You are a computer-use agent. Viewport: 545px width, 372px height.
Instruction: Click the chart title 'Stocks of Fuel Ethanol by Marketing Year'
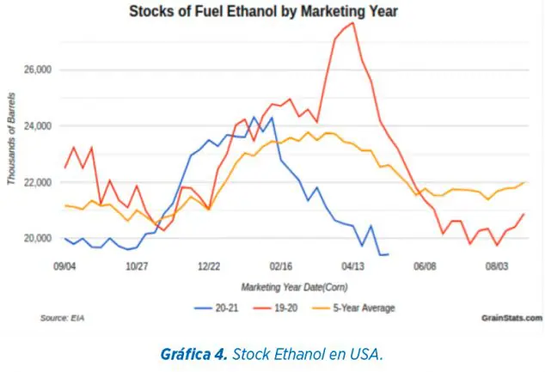272,12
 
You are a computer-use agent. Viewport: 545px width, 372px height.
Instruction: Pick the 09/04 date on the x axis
64,267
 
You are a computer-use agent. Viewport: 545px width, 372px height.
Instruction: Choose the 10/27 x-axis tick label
137,267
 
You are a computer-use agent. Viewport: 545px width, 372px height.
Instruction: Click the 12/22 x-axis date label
210,267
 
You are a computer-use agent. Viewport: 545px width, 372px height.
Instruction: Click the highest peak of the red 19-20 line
353,22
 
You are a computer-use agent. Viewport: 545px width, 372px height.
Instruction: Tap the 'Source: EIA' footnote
62,318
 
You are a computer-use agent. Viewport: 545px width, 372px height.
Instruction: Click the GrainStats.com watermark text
512,318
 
